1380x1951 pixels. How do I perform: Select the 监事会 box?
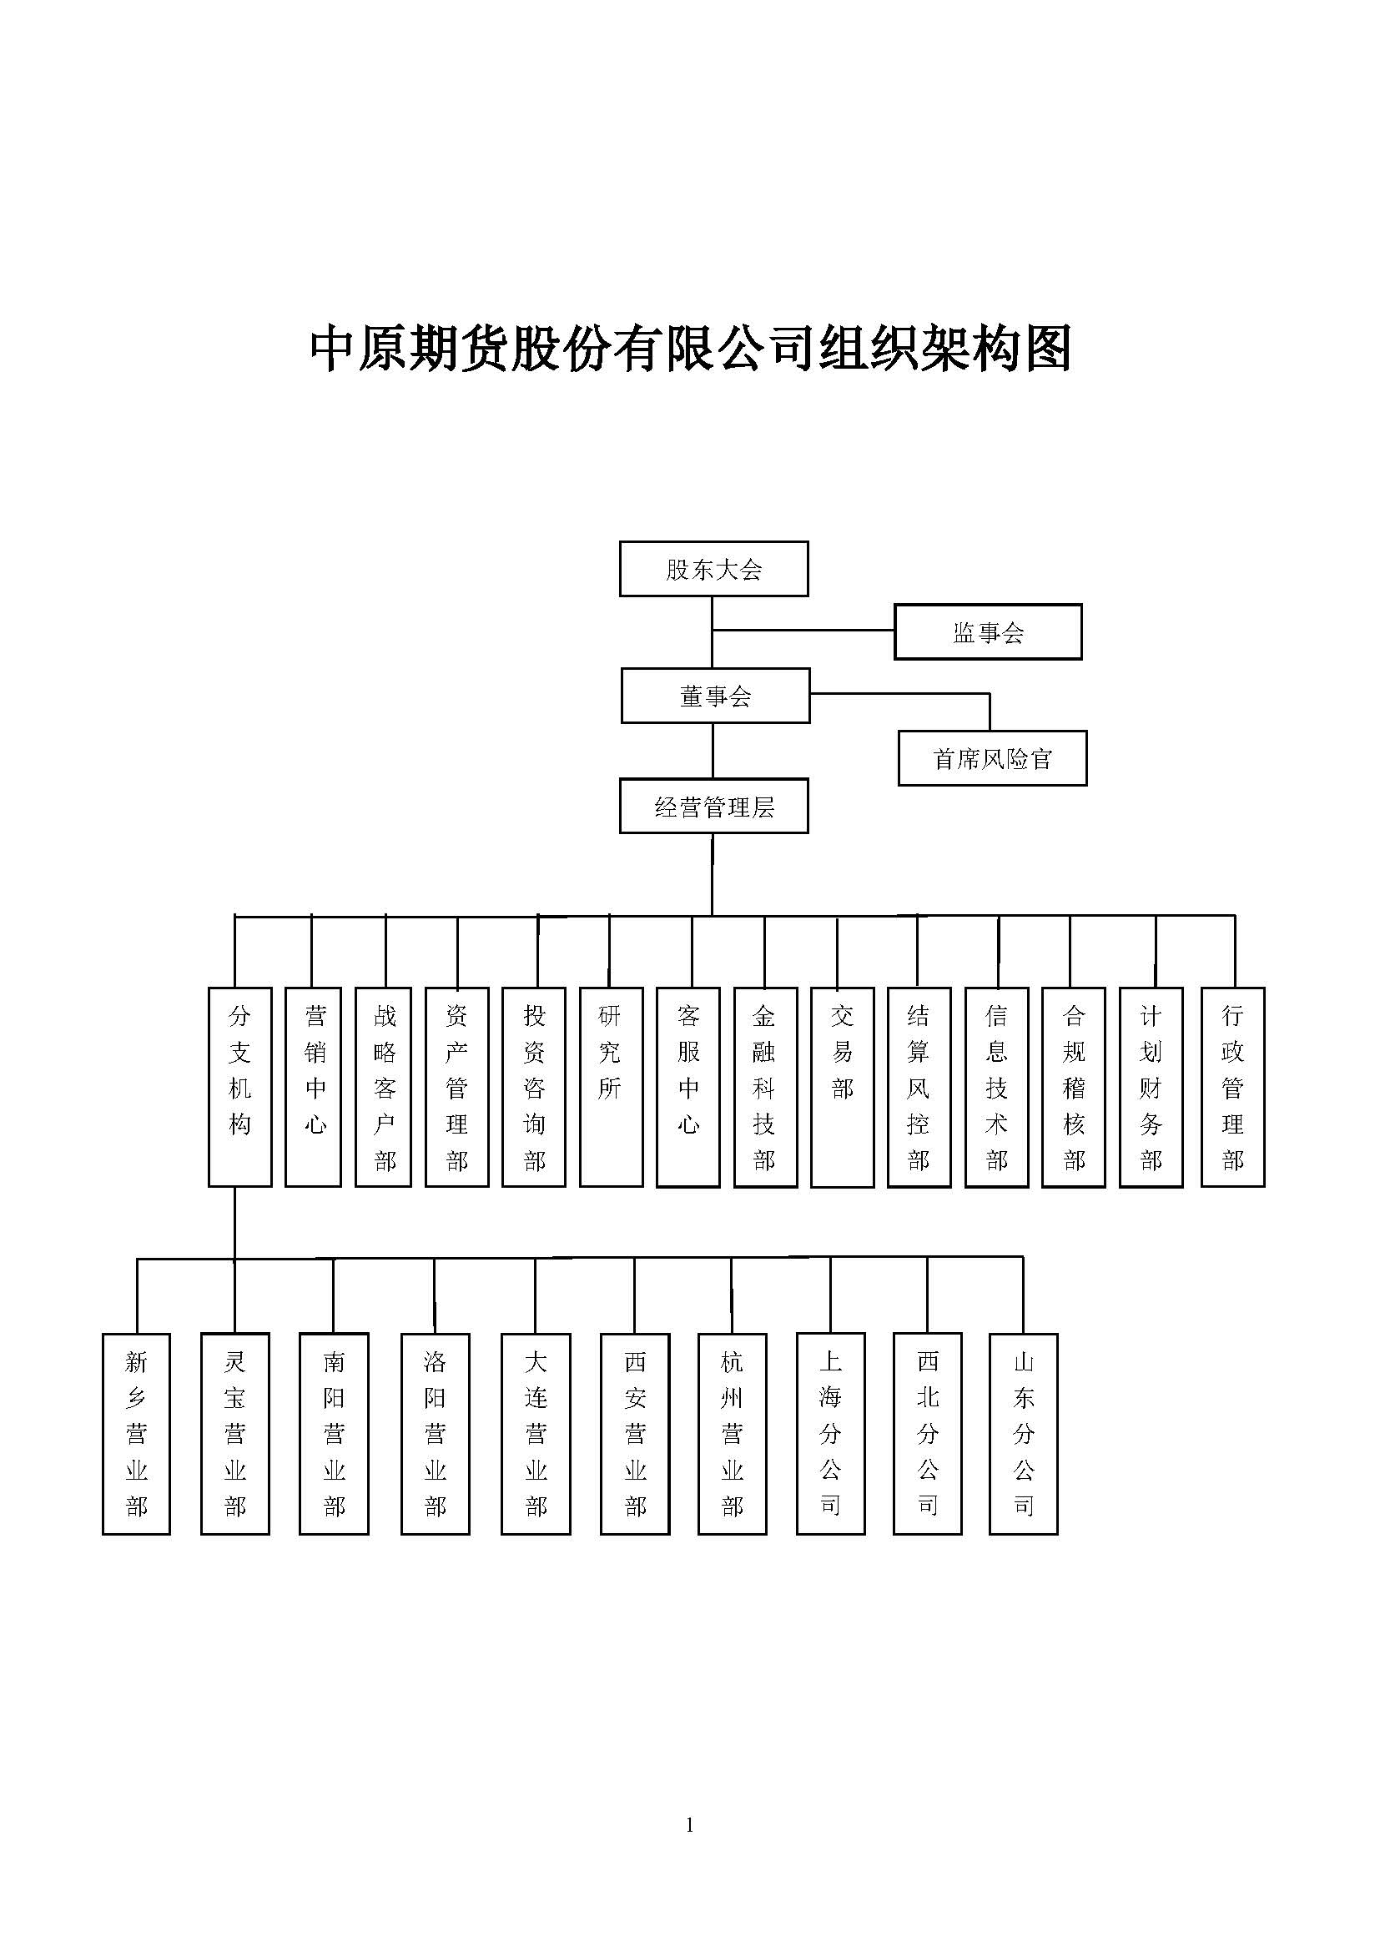click(987, 631)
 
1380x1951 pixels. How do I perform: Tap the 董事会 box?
click(715, 695)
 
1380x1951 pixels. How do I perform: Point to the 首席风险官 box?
click(992, 758)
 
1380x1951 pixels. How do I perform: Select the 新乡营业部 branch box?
click(136, 1434)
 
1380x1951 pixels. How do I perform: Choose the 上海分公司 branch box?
click(830, 1434)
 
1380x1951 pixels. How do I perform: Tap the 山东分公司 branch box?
click(1023, 1434)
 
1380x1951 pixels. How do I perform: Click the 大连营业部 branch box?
click(536, 1434)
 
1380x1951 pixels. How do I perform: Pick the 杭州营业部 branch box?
click(732, 1434)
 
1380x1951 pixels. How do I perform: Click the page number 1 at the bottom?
click(689, 1824)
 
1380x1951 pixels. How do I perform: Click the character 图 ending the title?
click(1047, 348)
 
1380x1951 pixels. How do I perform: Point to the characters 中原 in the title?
click(360, 348)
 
